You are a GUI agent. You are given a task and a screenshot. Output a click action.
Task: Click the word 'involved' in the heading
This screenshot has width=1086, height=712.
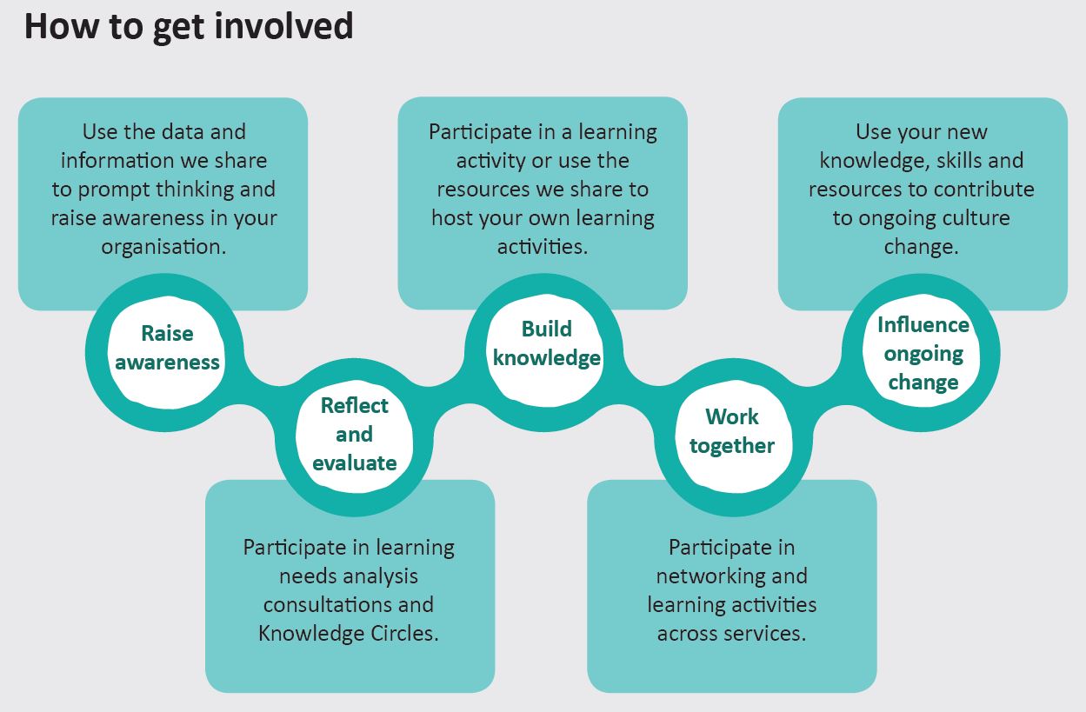pos(283,26)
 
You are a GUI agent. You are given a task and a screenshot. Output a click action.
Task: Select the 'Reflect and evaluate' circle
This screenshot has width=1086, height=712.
pos(355,436)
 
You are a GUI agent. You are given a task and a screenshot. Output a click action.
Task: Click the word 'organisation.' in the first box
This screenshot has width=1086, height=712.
pos(163,247)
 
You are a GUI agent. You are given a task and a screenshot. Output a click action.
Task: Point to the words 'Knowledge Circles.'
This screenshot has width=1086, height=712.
pos(349,633)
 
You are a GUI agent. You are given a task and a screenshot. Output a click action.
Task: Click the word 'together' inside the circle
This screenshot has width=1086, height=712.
pos(732,446)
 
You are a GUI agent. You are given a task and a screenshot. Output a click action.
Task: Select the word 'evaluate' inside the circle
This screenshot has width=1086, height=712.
pos(355,463)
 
